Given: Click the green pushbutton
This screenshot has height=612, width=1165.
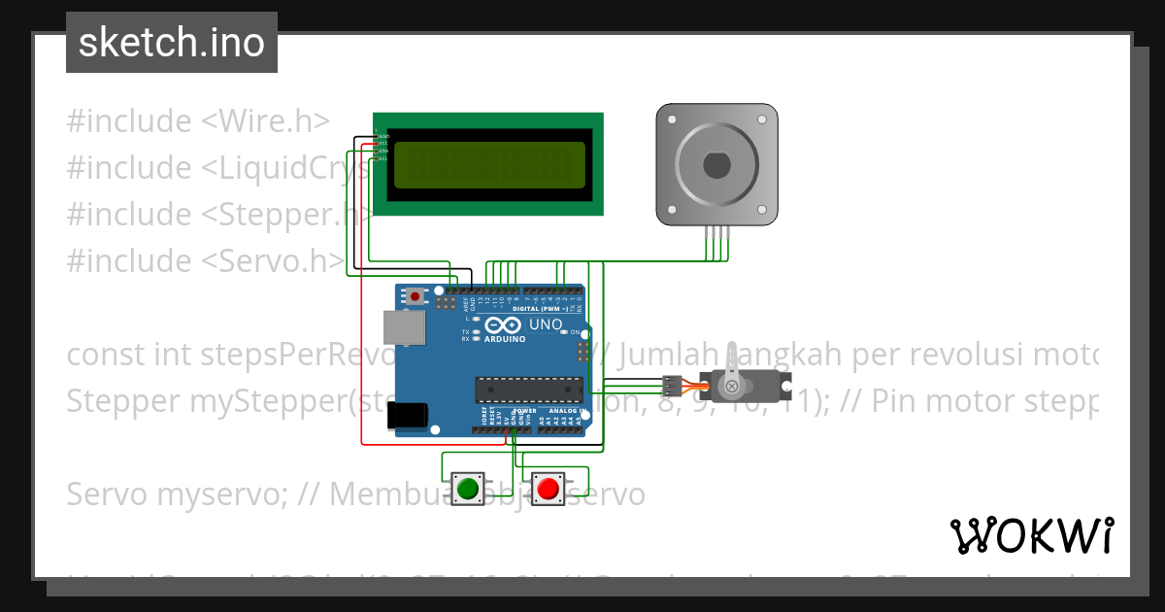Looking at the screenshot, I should pos(469,488).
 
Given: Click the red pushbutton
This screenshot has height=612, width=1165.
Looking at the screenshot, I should pos(549,488).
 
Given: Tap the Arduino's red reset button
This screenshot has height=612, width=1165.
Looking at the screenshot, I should pos(416,296).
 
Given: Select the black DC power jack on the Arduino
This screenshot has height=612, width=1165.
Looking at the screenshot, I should pos(406,415).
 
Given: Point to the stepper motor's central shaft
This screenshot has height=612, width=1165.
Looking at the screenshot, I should pos(716,165).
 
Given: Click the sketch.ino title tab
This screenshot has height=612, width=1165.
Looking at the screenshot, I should pos(172,43).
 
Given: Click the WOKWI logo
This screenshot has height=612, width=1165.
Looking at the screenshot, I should pos(1031,535).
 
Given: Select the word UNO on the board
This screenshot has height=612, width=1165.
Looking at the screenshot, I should pos(545,323).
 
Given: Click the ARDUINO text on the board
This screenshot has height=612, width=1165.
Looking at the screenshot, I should pos(504,339).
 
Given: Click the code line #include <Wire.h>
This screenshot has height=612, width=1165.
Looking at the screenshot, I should pos(198,121).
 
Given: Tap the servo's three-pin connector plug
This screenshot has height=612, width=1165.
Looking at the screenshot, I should pos(670,383).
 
